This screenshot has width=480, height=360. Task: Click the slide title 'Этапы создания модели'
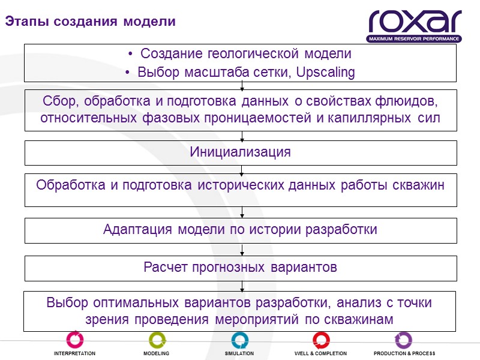click(x=91, y=22)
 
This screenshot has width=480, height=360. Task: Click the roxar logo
click(x=415, y=22)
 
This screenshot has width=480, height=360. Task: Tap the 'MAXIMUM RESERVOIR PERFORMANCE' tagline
click(x=415, y=39)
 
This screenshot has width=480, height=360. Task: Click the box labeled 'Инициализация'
click(x=241, y=152)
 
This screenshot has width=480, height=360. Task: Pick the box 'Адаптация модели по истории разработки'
click(x=241, y=230)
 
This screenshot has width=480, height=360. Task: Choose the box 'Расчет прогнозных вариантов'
click(x=241, y=268)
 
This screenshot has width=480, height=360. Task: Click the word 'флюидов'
click(x=412, y=100)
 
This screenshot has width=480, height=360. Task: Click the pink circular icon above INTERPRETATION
click(x=74, y=340)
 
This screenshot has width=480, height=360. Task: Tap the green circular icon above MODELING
click(x=157, y=340)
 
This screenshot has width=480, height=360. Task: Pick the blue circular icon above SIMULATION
click(x=239, y=340)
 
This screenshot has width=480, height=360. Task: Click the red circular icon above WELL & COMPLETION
click(x=320, y=340)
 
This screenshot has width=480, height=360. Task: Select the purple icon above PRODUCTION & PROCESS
click(x=404, y=340)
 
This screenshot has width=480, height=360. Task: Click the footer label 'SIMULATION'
click(x=239, y=354)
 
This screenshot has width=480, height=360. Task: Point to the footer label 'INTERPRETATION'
click(x=74, y=354)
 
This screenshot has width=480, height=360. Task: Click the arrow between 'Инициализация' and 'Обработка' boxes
click(x=241, y=169)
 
